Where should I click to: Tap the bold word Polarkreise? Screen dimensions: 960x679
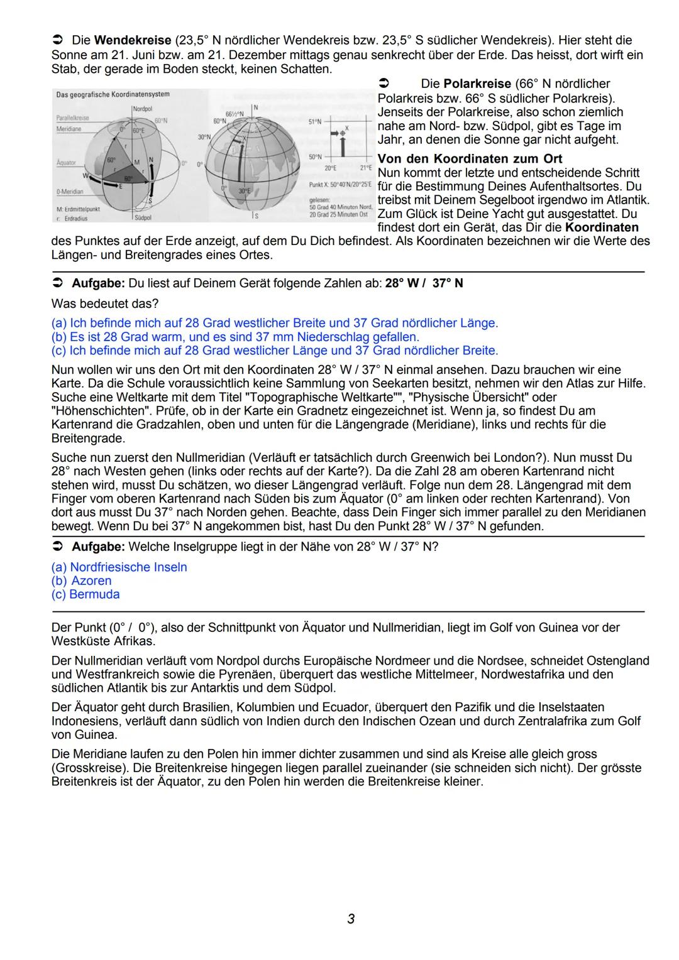pyautogui.click(x=477, y=84)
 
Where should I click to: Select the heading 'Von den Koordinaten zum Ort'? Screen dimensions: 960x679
pyautogui.click(x=470, y=158)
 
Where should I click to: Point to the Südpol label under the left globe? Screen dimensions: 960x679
pyautogui.click(x=143, y=217)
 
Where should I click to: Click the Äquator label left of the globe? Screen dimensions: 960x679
pyautogui.click(x=66, y=163)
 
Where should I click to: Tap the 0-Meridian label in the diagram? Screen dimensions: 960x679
pyautogui.click(x=70, y=192)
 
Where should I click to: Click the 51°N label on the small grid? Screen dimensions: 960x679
pyautogui.click(x=314, y=121)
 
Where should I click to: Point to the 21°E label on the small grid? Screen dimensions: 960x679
pyautogui.click(x=367, y=168)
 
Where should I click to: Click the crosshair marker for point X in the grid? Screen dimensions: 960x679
pyautogui.click(x=343, y=133)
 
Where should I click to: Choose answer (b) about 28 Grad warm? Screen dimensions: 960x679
pyautogui.click(x=235, y=337)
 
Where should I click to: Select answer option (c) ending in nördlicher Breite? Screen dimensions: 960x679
pyautogui.click(x=274, y=351)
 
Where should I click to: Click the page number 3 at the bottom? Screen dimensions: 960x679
pyautogui.click(x=351, y=919)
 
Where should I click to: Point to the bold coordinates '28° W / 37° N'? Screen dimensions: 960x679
pyautogui.click(x=424, y=283)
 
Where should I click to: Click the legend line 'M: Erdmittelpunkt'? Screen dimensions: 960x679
pyautogui.click(x=78, y=209)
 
